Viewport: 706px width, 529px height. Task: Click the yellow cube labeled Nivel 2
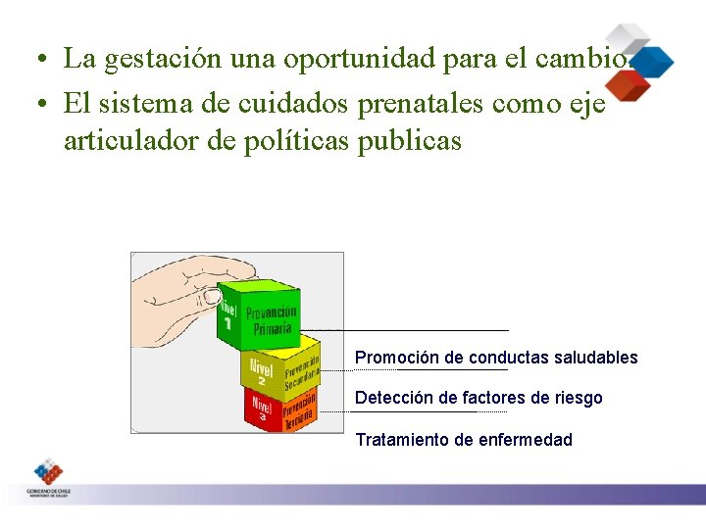pos(280,366)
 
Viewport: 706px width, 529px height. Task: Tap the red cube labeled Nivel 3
pos(280,409)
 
